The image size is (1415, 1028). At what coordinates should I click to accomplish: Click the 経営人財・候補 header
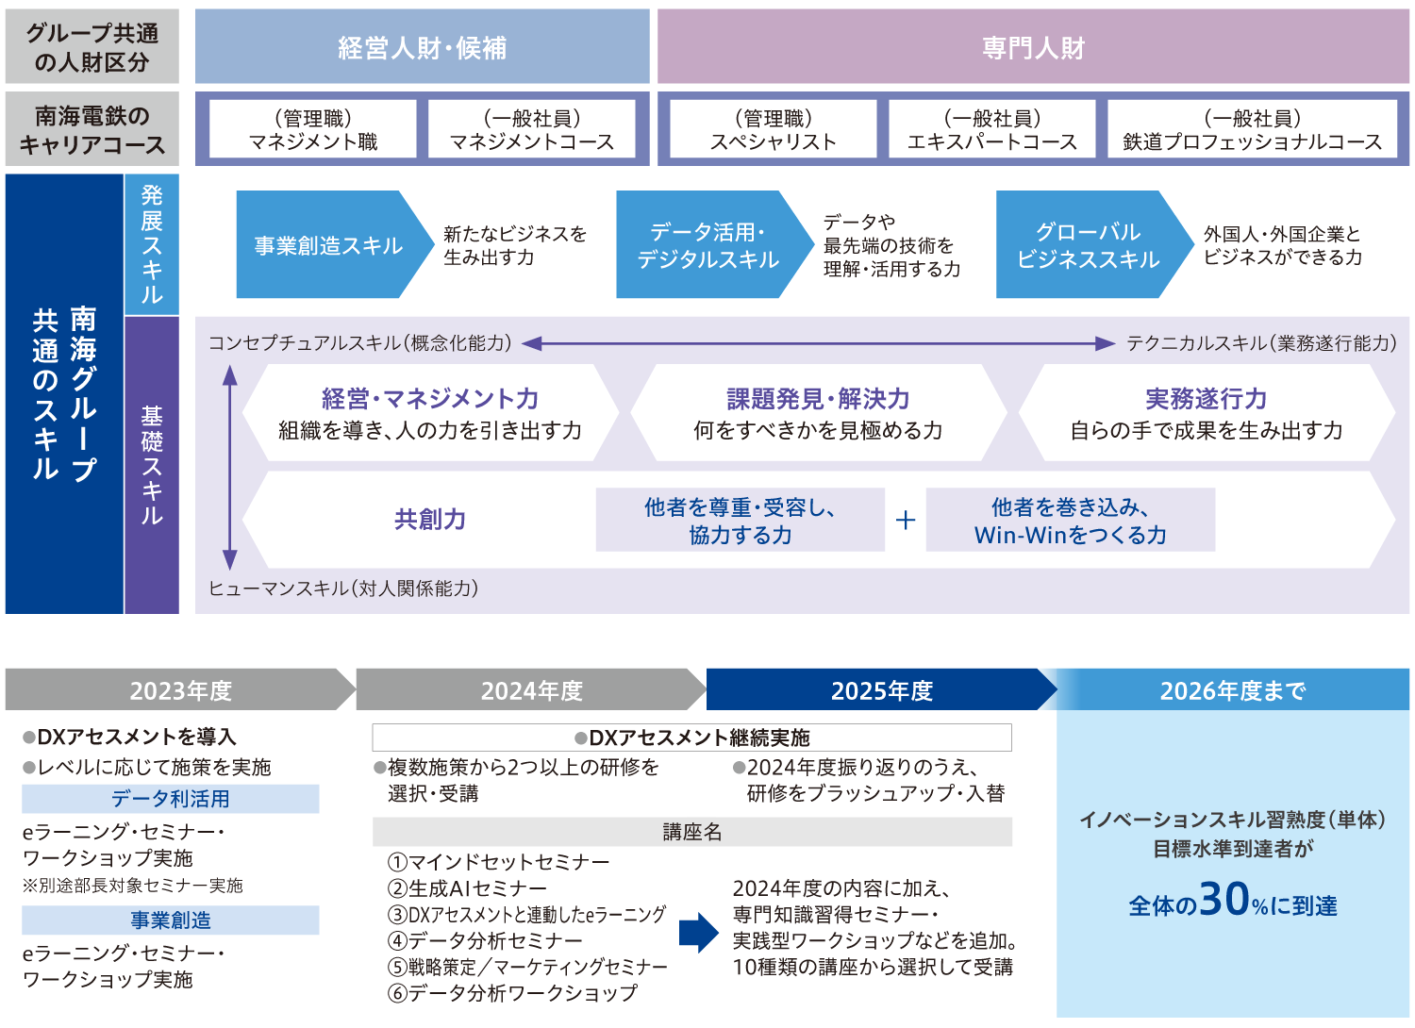422,47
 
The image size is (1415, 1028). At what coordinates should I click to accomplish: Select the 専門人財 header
1033,47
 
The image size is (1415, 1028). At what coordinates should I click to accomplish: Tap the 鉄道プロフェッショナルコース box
1252,129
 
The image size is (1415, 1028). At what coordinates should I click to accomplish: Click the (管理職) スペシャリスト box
773,129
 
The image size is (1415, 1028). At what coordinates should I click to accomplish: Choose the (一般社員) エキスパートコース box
991,129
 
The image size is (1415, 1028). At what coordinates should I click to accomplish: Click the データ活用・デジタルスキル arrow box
708,245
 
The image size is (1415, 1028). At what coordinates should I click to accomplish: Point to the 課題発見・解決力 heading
818,399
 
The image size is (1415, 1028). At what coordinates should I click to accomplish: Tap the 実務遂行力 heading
1206,399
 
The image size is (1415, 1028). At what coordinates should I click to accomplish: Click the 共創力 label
430,520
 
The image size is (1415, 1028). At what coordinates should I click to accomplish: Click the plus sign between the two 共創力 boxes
906,520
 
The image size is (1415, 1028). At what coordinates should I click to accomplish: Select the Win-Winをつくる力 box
1070,521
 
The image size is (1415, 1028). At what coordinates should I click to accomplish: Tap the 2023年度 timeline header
180,690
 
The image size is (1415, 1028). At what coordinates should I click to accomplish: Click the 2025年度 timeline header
881,690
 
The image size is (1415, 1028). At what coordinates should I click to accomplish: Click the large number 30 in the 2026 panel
1224,900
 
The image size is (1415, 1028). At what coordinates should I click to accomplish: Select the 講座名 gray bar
692,832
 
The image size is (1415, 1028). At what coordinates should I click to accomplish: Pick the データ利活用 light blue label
171,799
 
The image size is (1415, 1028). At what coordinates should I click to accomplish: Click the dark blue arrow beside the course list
698,933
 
